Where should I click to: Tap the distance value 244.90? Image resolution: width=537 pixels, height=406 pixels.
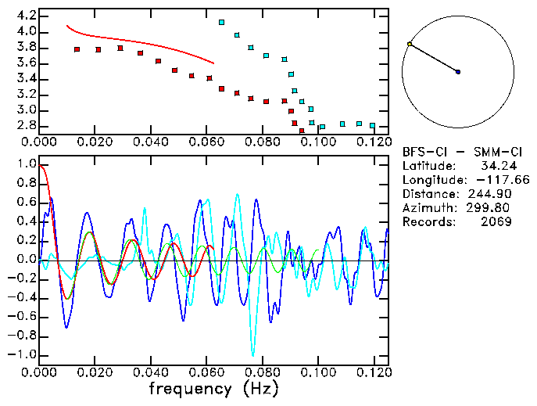click(x=499, y=194)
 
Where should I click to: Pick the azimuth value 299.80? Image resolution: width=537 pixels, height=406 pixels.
click(x=499, y=208)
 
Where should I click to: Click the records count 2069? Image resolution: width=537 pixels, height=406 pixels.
click(x=496, y=222)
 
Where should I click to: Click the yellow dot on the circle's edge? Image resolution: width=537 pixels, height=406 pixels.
click(x=409, y=44)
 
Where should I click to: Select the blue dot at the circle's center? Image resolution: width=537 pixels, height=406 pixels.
click(x=458, y=72)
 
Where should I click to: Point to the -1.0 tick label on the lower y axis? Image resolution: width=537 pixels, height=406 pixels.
click(x=23, y=355)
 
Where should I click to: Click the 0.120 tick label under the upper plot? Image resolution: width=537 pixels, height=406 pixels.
click(x=373, y=142)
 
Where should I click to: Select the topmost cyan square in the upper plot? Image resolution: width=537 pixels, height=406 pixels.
click(x=222, y=23)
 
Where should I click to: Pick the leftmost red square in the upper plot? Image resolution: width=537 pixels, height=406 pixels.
click(x=77, y=49)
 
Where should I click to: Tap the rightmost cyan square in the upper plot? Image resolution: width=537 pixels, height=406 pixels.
click(x=372, y=125)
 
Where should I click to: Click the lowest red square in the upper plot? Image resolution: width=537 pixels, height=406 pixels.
click(x=302, y=131)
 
